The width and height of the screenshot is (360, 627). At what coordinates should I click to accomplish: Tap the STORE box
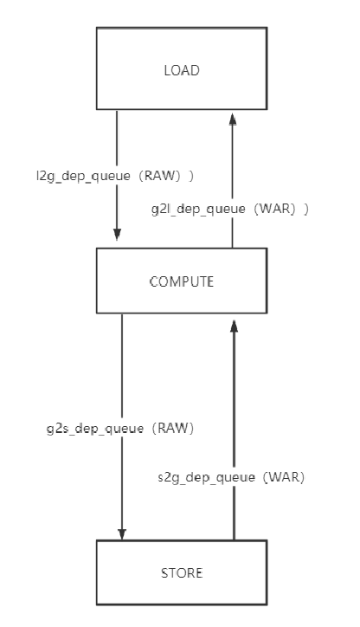point(180,572)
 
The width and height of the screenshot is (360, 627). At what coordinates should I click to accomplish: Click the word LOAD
point(180,71)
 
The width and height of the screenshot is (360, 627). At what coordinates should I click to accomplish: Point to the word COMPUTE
point(180,282)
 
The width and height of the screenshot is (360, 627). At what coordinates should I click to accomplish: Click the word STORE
point(180,572)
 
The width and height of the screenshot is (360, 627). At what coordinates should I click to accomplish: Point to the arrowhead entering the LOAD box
point(231,118)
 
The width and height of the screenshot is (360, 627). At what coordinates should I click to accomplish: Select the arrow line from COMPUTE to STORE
point(122,364)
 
